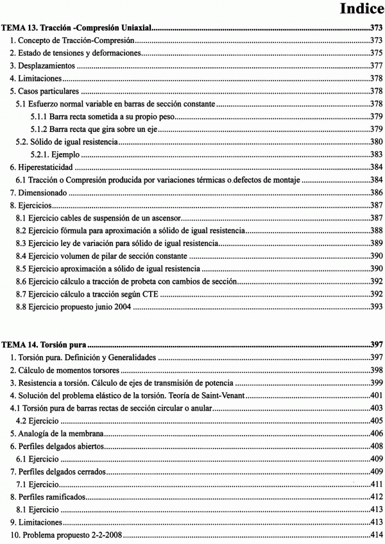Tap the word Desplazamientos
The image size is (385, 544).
(x=47, y=66)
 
